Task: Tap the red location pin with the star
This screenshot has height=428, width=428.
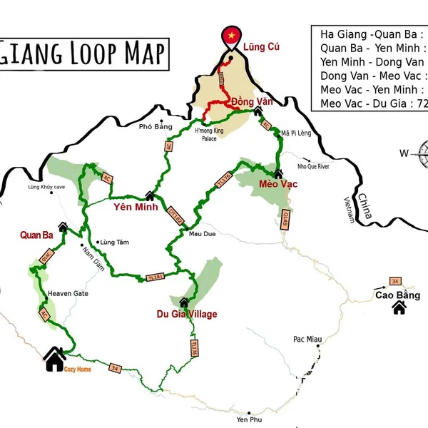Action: pyautogui.click(x=231, y=36)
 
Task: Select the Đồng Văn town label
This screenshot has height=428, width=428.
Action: pyautogui.click(x=253, y=102)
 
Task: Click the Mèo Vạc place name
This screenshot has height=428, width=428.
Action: pyautogui.click(x=278, y=184)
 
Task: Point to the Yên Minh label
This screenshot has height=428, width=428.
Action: pyautogui.click(x=135, y=208)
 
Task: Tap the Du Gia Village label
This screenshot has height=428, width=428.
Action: pyautogui.click(x=187, y=314)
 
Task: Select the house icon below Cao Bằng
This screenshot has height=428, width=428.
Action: pyautogui.click(x=399, y=308)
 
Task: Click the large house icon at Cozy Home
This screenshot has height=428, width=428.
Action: pyautogui.click(x=54, y=360)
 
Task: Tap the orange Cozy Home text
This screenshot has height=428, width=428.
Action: pyautogui.click(x=78, y=370)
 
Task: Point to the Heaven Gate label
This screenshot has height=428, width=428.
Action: pyautogui.click(x=67, y=293)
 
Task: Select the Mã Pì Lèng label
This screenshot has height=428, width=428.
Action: pyautogui.click(x=296, y=133)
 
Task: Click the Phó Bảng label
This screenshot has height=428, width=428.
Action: pyautogui.click(x=156, y=126)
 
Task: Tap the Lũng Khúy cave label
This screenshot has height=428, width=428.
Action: pyautogui.click(x=46, y=187)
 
